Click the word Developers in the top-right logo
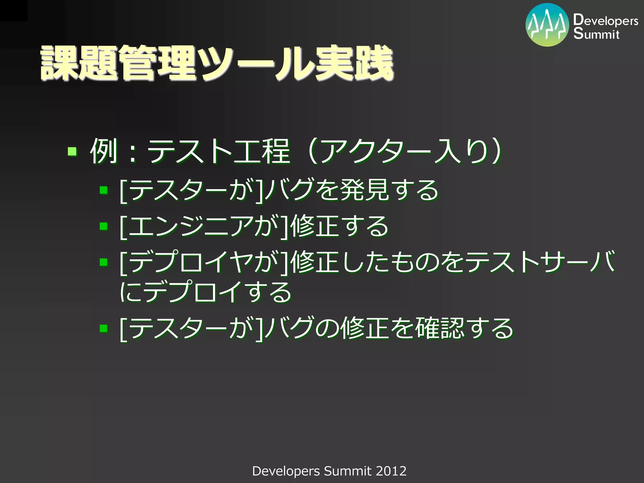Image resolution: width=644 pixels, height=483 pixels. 606,20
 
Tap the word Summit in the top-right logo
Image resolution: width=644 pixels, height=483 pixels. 596,34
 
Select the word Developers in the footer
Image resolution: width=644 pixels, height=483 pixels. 286,471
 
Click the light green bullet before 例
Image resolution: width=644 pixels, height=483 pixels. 72,152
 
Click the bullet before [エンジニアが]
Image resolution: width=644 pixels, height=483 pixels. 103,226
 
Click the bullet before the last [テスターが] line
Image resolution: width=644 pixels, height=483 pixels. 103,328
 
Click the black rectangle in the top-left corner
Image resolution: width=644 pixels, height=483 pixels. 14,10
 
